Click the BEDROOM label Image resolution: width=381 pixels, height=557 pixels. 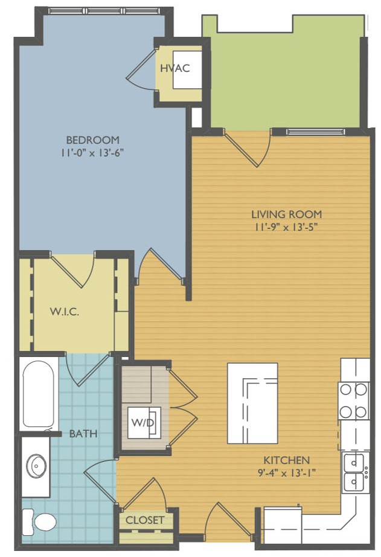pos(92,140)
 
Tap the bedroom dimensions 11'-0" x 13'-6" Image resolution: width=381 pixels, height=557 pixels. pos(92,153)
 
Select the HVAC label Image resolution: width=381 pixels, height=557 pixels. pos(174,68)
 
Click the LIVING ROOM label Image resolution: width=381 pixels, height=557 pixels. pos(287,214)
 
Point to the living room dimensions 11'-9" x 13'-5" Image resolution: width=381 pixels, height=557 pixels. pos(286,227)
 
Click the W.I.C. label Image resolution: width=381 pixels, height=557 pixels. pos(64,312)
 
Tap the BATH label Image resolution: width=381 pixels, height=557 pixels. pos(83,433)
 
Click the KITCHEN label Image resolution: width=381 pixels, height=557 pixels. pos(287,460)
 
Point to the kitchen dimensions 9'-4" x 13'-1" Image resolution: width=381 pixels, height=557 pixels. pos(287,473)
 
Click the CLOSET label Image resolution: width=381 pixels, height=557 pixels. pos(145,520)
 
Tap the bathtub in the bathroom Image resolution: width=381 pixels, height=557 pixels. pos(39,394)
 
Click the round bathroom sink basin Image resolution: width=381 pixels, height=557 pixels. pos(36,465)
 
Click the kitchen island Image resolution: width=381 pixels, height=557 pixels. pos(252,403)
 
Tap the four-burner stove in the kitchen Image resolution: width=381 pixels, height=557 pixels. pos(353,401)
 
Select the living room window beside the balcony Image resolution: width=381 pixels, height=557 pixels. pos(316,132)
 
